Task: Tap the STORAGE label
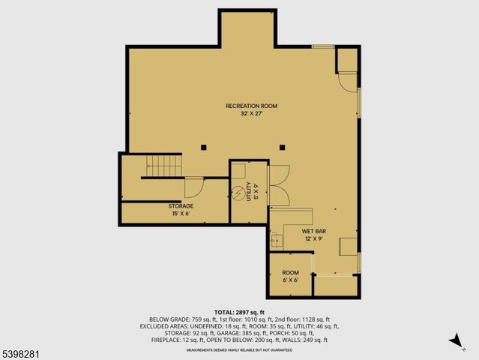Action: [181, 205]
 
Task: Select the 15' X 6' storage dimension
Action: [181, 214]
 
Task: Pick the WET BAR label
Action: [313, 231]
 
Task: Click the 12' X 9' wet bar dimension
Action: [313, 238]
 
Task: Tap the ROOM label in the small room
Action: [290, 272]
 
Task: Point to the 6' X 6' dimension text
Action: [290, 280]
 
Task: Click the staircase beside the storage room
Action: [163, 165]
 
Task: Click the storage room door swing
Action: [193, 187]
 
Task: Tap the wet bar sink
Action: [277, 240]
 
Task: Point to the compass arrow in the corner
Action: [455, 341]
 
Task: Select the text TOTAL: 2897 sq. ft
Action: [239, 312]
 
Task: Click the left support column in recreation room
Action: [203, 147]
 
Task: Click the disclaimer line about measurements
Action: [239, 349]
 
